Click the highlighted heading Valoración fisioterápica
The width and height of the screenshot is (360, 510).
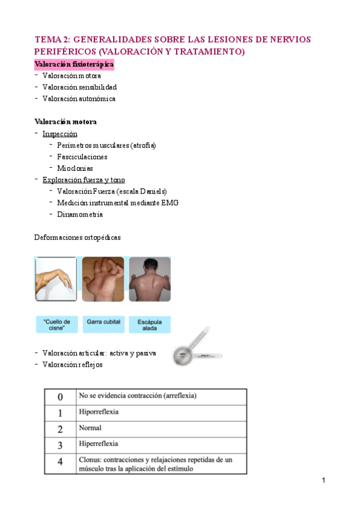(x=75, y=64)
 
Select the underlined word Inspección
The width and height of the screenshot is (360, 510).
(x=60, y=134)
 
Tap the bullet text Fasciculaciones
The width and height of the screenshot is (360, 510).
(x=82, y=157)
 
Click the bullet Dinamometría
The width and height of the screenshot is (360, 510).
(x=80, y=214)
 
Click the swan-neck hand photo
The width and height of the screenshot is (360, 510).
(x=56, y=280)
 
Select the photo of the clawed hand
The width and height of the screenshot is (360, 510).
(x=103, y=280)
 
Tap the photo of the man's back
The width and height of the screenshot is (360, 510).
(x=149, y=280)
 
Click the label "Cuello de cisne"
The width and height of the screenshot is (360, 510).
(x=56, y=325)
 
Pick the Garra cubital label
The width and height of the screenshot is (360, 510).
(x=103, y=322)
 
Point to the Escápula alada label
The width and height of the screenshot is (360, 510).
(x=150, y=325)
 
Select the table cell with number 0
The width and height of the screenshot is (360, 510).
(x=60, y=397)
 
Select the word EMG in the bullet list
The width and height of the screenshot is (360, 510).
(x=169, y=203)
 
